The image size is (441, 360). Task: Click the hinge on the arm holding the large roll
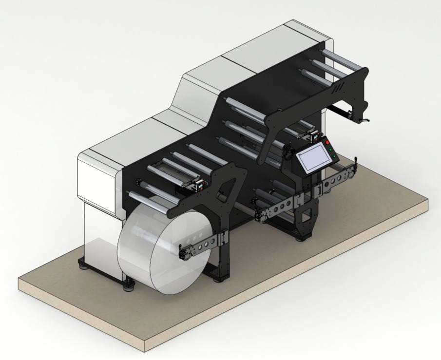click(223, 238)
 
